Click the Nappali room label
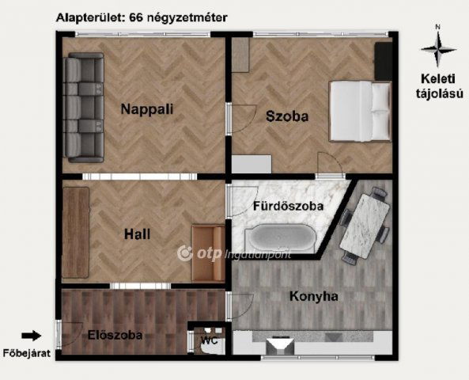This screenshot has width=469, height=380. click(147, 109)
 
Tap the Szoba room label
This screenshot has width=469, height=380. click(287, 116)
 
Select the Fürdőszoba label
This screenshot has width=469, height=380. click(289, 206)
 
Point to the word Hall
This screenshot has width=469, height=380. click(138, 234)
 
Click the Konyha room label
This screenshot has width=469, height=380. click(314, 296)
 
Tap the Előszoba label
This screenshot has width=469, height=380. click(115, 335)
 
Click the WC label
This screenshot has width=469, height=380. click(210, 340)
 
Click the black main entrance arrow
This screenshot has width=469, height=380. click(31, 336)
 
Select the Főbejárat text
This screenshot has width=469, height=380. click(27, 353)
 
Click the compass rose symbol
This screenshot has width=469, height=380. click(438, 49)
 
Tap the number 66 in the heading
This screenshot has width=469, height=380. click(136, 17)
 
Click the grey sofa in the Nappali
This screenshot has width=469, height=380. click(85, 108)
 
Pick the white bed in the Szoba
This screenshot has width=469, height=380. click(360, 112)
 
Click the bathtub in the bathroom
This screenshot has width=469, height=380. click(280, 238)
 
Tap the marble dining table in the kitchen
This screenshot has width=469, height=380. click(365, 226)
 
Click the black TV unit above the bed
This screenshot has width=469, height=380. click(383, 61)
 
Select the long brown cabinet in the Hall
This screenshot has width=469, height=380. click(76, 233)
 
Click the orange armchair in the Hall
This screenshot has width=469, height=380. click(209, 253)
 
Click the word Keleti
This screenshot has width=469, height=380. click(438, 79)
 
